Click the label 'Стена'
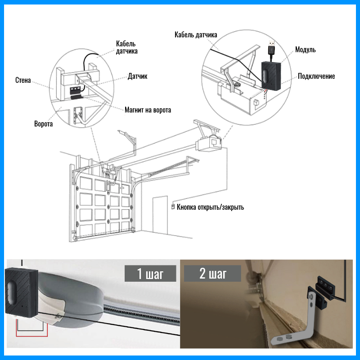coord(22,81)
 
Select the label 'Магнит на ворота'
coord(148,109)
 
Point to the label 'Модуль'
coord(305,49)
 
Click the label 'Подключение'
coord(316,76)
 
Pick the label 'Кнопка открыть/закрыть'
coord(210,207)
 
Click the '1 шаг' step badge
coord(150,273)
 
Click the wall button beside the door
coord(172,207)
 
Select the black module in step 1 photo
coord(21,292)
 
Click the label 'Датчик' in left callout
coord(138,76)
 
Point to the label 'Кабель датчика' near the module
coord(196,35)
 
